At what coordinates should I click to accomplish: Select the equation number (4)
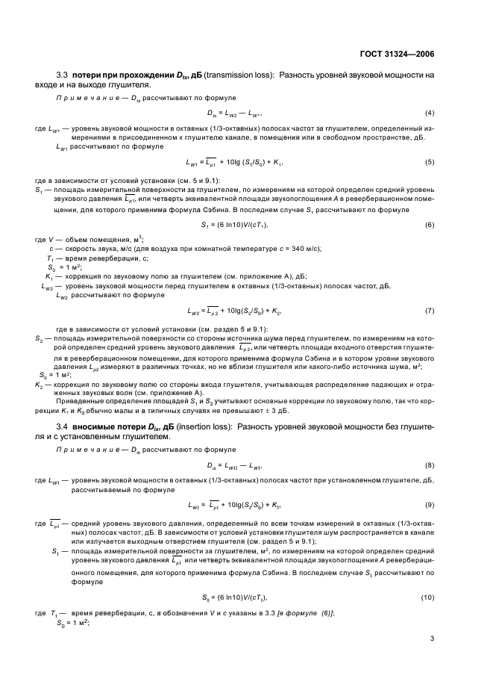(430, 112)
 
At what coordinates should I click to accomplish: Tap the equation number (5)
(430, 161)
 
